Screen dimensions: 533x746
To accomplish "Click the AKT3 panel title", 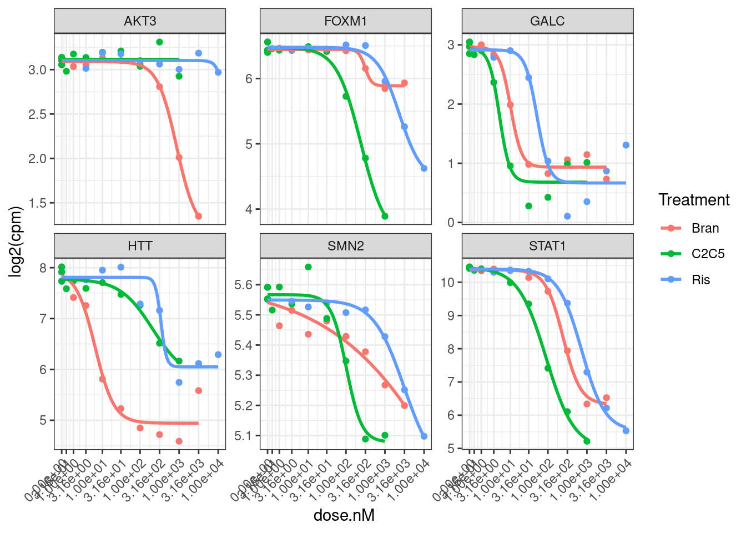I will pyautogui.click(x=140, y=21).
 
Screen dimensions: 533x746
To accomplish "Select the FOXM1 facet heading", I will pyautogui.click(x=345, y=21).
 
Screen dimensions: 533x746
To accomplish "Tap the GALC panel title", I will pyautogui.click(x=547, y=21).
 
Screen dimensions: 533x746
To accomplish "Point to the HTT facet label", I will pyautogui.click(x=140, y=246).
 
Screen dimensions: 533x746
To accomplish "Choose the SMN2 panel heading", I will pyautogui.click(x=345, y=246).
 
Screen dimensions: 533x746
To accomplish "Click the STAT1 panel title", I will pyautogui.click(x=547, y=246).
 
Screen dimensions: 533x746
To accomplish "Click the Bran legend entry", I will pyautogui.click(x=705, y=228).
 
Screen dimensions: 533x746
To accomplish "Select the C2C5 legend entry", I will pyautogui.click(x=708, y=254).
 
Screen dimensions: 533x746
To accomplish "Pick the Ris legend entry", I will pyautogui.click(x=700, y=280).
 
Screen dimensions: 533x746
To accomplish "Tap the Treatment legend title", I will pyautogui.click(x=694, y=200).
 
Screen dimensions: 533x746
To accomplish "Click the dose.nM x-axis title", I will pyautogui.click(x=344, y=515).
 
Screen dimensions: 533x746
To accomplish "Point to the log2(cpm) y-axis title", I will pyautogui.click(x=17, y=242).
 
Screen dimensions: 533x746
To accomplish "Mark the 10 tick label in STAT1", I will pyautogui.click(x=447, y=283).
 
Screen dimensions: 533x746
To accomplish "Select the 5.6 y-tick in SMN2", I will pyautogui.click(x=244, y=285).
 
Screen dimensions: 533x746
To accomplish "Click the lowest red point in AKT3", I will pyautogui.click(x=198, y=217).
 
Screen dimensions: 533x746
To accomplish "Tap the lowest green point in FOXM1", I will pyautogui.click(x=385, y=217).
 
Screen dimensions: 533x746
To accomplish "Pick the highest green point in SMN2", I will pyautogui.click(x=308, y=267).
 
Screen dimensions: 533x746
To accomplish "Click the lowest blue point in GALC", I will pyautogui.click(x=567, y=217).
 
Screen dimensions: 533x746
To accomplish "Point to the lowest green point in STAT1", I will pyautogui.click(x=587, y=441).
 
